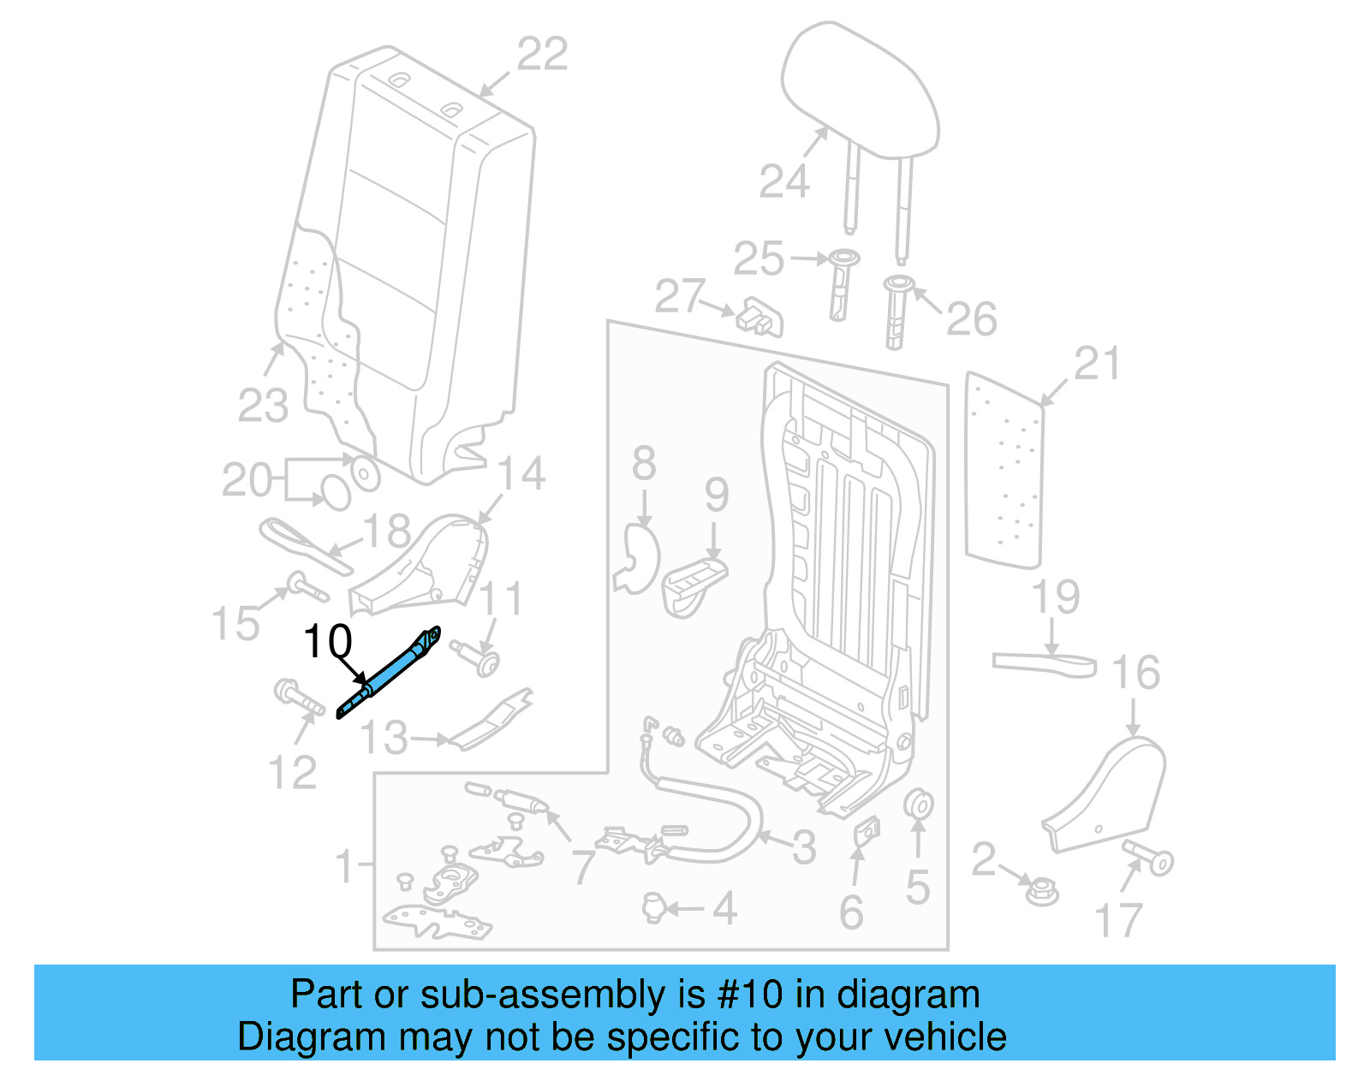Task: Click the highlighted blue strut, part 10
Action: pos(390,673)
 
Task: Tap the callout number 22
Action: pos(542,55)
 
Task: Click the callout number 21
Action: pos(1096,365)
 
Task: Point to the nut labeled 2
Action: pos(1042,893)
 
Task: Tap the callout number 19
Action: pos(1055,597)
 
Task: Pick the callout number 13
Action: pos(384,738)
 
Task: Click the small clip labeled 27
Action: pos(760,318)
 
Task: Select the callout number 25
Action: pos(759,258)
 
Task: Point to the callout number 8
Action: pos(644,464)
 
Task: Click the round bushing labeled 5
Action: pos(919,805)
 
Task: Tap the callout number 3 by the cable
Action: pos(803,847)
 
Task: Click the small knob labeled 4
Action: pos(653,906)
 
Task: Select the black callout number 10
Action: pos(327,641)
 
